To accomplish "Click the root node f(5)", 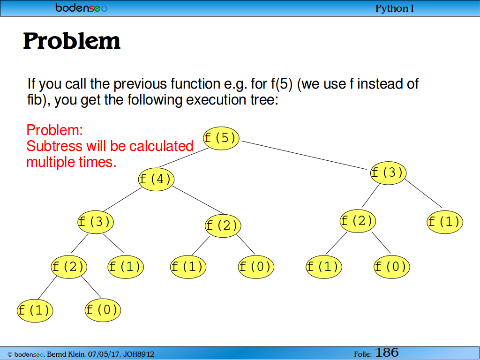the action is [221, 138].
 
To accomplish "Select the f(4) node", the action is [157, 179].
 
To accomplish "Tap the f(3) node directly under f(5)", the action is [388, 173].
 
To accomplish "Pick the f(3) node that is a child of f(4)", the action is [96, 222].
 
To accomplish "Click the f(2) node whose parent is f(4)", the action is [223, 226].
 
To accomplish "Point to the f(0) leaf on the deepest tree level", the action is [103, 310].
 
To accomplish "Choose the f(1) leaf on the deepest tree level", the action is [35, 310].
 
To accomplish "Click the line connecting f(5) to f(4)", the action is [183, 157].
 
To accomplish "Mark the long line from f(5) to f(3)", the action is [304, 155].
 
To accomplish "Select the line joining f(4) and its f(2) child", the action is [198, 200].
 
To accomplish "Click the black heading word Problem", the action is [72, 41].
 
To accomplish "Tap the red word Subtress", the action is [54, 146].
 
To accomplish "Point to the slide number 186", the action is [387, 352].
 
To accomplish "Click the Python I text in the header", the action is [394, 8].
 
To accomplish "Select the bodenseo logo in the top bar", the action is [82, 7].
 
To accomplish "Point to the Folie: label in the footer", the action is [363, 354].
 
